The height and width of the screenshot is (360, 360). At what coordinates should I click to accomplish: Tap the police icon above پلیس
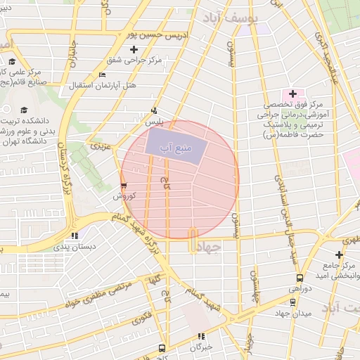tap(154, 110)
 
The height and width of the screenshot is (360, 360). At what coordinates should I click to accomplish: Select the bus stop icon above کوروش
tap(124, 186)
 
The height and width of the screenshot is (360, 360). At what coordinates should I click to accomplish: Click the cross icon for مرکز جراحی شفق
tap(134, 49)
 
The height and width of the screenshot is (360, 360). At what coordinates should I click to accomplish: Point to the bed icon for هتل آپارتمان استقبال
tap(103, 75)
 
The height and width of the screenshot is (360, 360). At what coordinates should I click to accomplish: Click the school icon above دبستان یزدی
tap(75, 236)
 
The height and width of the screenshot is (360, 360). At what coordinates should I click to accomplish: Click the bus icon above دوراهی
tap(300, 278)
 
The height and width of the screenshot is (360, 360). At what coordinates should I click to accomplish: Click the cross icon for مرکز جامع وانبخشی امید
tap(339, 255)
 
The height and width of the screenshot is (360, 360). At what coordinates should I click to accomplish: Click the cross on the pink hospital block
tap(292, 94)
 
